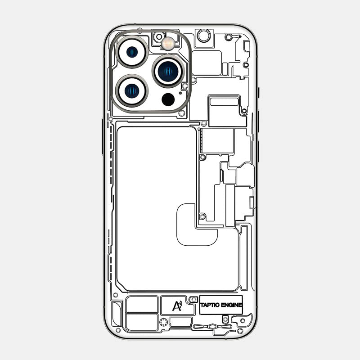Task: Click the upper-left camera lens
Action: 132,52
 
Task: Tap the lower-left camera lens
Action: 132,90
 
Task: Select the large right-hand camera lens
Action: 169,71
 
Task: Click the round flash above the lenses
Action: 169,44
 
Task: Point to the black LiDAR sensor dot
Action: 168,99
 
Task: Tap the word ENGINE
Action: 232,305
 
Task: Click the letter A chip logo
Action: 176,306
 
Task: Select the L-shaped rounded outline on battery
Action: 197,225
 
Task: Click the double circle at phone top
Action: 204,36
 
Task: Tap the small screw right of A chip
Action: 193,299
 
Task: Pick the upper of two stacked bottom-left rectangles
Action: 142,304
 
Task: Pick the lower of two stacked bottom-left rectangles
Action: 142,322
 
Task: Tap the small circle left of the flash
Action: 159,36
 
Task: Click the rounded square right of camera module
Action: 207,63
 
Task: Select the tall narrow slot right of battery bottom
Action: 244,257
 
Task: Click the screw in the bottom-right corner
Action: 240,331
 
